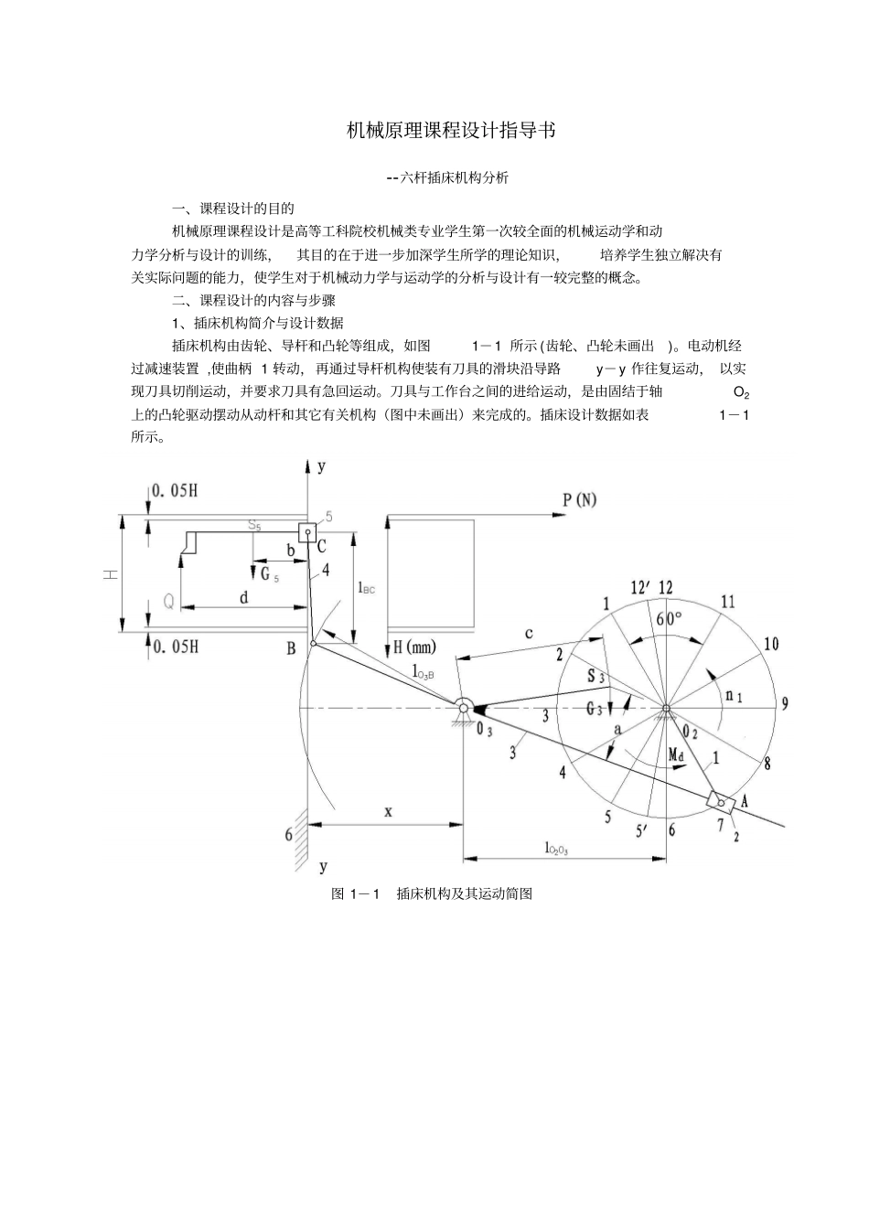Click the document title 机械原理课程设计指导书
coord(451,131)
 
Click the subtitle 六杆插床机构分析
coord(448,178)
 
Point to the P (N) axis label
coord(579,499)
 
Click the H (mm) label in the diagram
coord(413,647)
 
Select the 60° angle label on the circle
coord(668,618)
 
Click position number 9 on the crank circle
coord(785,703)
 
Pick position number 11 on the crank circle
coord(727,602)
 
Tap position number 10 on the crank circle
coord(770,644)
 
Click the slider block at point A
coord(722,802)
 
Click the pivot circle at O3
coord(464,706)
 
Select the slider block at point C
coord(306,531)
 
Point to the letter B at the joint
coord(291,648)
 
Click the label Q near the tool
coord(168,602)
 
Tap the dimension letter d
coord(244,598)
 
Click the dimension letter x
coord(388,811)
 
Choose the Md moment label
coord(676,754)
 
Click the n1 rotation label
coord(733,696)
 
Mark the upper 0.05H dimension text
coord(175,491)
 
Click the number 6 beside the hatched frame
coord(289,834)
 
